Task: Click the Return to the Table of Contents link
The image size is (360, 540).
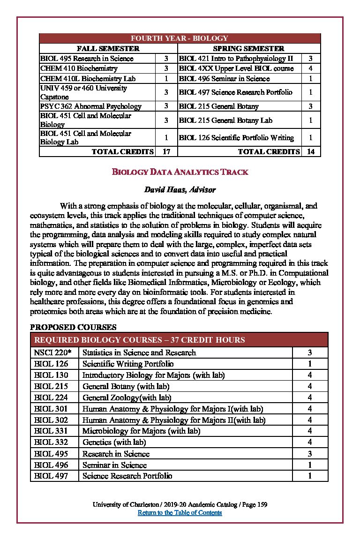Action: point(180,512)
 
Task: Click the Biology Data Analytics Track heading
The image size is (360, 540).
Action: point(180,172)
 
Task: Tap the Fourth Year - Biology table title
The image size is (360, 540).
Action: point(180,38)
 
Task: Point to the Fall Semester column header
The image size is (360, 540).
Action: point(108,48)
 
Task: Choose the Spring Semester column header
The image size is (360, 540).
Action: point(248,48)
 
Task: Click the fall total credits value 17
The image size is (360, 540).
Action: point(166,151)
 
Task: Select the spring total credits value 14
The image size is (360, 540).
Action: point(310,151)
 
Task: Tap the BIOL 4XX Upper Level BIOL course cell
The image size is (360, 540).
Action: point(236,68)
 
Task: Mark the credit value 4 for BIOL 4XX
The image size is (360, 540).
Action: point(310,68)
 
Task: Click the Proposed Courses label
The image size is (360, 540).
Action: point(73,327)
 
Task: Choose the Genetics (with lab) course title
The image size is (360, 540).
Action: point(114,442)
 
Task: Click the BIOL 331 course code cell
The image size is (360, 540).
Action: point(51,431)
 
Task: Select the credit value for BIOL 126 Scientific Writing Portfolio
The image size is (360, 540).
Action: point(310,364)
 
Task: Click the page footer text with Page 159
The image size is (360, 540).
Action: point(180,504)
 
